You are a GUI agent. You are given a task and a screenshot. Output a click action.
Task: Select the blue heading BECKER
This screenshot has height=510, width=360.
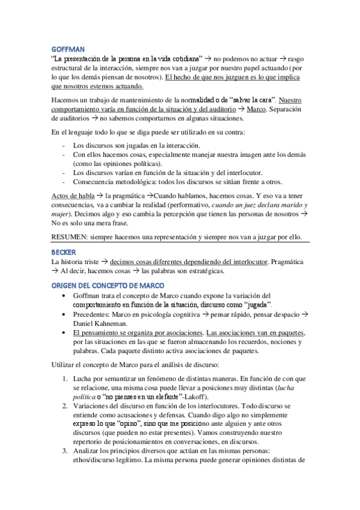coord(63,253)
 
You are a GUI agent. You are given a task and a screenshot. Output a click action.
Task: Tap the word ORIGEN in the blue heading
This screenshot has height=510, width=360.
coord(65,284)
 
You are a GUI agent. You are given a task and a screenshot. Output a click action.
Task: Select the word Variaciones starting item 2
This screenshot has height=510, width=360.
coord(91,406)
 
